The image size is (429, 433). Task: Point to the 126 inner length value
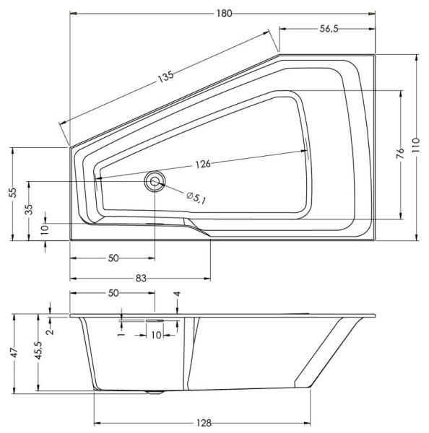click(202, 164)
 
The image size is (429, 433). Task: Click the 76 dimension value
click(401, 154)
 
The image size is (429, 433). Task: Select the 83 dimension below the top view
click(142, 278)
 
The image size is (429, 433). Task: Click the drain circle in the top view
click(154, 181)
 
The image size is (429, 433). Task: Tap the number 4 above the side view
click(178, 294)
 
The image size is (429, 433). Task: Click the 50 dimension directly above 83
click(113, 258)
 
